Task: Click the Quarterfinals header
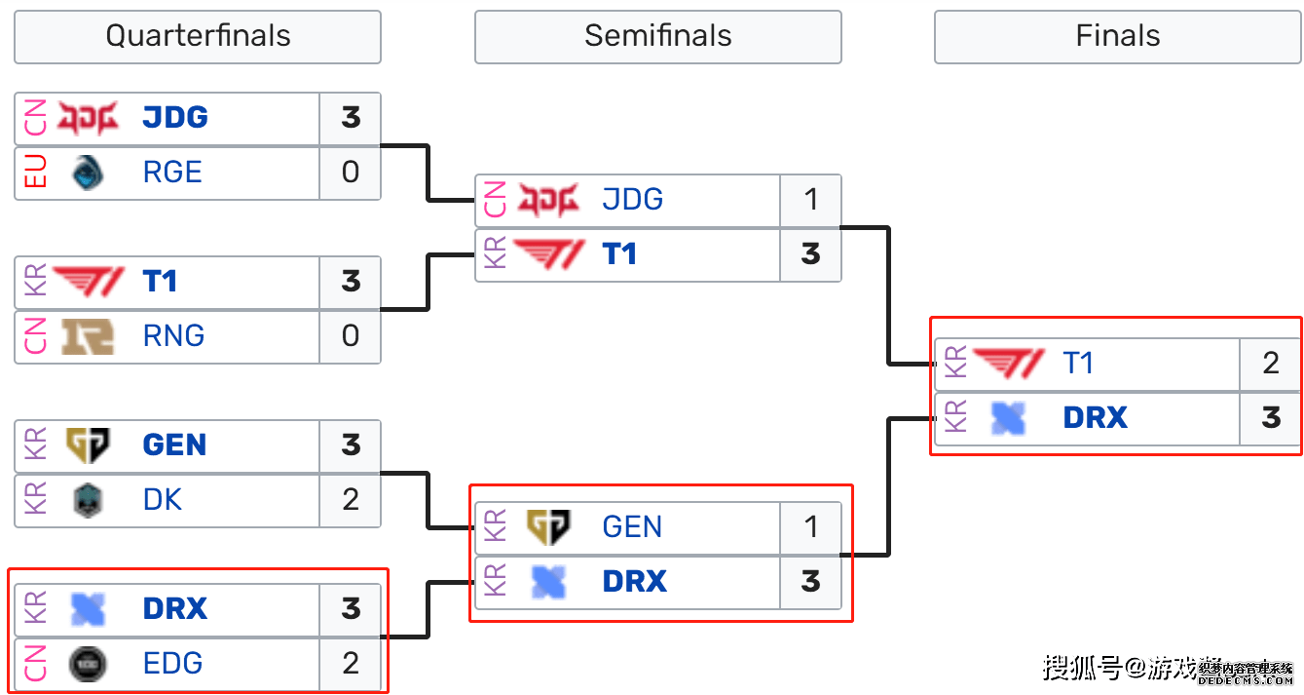(198, 37)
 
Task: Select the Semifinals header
(657, 37)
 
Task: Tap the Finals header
(1117, 37)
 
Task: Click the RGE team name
(172, 173)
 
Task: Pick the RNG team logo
(88, 336)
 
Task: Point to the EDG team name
(172, 664)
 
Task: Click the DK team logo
(88, 500)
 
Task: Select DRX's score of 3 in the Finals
(1270, 418)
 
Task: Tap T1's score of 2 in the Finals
(1270, 364)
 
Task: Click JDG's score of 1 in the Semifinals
(810, 200)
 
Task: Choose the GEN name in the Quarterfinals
(174, 445)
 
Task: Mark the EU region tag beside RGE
(35, 173)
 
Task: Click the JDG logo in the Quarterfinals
(88, 118)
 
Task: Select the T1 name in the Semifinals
(619, 254)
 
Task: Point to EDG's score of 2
(351, 664)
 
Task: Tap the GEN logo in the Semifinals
(548, 527)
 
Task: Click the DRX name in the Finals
(1095, 418)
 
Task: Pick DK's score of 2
(351, 500)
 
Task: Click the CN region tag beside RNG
(35, 336)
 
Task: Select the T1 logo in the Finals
(1008, 364)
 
